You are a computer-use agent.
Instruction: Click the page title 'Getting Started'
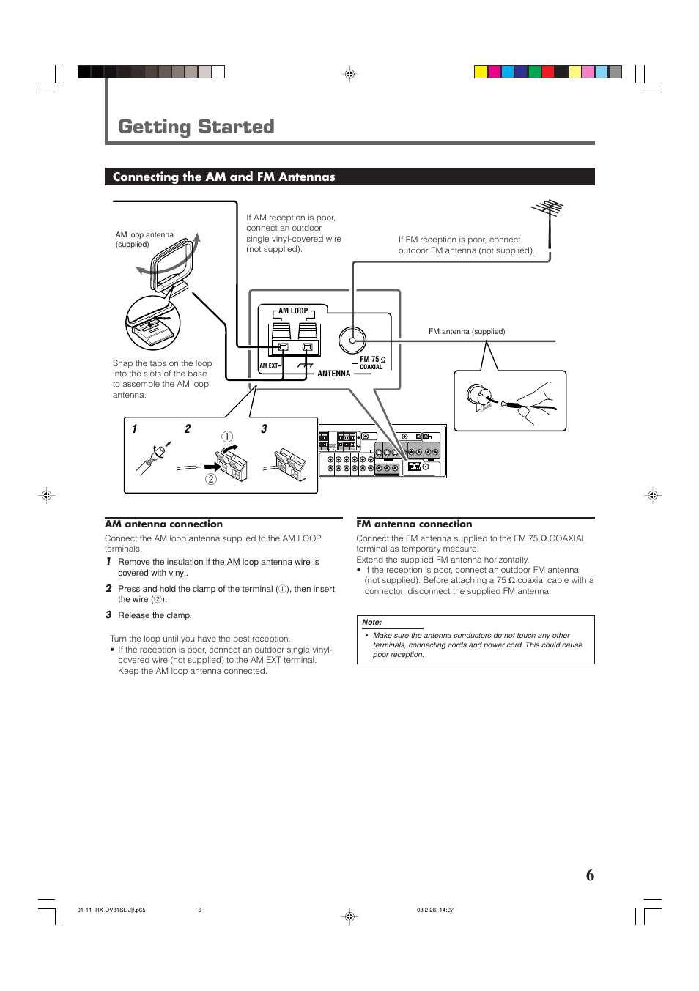tap(196, 127)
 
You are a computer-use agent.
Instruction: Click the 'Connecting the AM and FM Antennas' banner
tap(223, 177)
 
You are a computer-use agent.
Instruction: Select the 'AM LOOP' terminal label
tap(293, 311)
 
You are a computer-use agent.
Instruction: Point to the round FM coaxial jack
tap(352, 340)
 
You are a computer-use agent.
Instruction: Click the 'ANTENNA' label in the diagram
tap(333, 374)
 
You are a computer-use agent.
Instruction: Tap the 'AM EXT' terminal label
tap(269, 365)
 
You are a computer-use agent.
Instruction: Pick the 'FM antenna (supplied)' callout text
tap(466, 332)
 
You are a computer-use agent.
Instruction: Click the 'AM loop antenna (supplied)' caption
tap(144, 240)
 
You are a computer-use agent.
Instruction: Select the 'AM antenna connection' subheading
tap(163, 524)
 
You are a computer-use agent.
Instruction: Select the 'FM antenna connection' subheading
tap(414, 524)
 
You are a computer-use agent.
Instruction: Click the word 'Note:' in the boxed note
tap(371, 622)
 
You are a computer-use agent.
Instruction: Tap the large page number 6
tap(590, 875)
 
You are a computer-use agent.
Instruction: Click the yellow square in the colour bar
tap(481, 72)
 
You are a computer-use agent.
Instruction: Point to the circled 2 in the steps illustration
tap(211, 479)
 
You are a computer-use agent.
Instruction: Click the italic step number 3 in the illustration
tap(264, 429)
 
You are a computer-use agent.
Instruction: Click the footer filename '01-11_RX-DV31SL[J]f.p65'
tap(111, 910)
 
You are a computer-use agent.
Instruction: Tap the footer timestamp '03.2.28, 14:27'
tap(435, 910)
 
